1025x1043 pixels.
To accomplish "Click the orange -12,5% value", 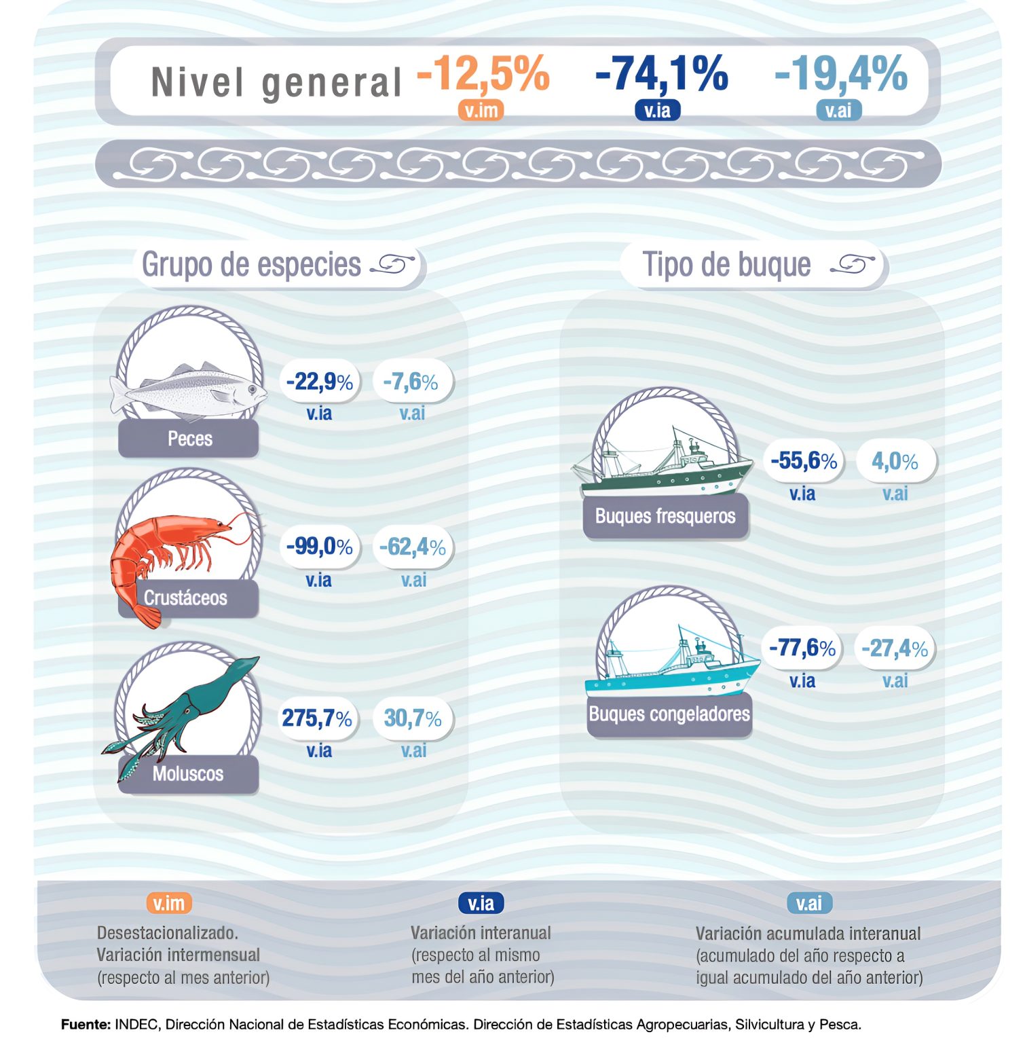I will pos(483,73).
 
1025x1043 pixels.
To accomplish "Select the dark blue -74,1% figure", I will pos(661,73).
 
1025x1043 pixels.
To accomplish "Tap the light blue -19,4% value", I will pos(840,73).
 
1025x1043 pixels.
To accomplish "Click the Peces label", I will pos(189,439).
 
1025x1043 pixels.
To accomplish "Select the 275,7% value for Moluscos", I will pos(317,718).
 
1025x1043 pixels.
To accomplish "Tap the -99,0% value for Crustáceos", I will pos(319,546).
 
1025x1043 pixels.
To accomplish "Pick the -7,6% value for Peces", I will pos(411,382).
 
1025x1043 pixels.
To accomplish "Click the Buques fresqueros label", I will pos(665,516).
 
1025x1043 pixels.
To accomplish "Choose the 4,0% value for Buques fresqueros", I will pos(895,461).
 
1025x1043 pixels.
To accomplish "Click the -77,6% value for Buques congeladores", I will pos(802,648).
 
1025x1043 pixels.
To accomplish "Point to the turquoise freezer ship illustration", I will pos(672,665).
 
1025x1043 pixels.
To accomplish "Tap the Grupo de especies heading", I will pos(251,264).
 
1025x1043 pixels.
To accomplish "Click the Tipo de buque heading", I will pos(726,264).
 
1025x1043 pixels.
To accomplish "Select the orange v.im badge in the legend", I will pos(169,903).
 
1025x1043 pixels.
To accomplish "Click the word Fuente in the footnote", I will pos(86,1024).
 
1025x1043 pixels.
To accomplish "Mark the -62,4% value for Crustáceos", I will pos(412,546).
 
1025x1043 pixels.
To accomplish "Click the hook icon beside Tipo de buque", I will pos(853,264).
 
